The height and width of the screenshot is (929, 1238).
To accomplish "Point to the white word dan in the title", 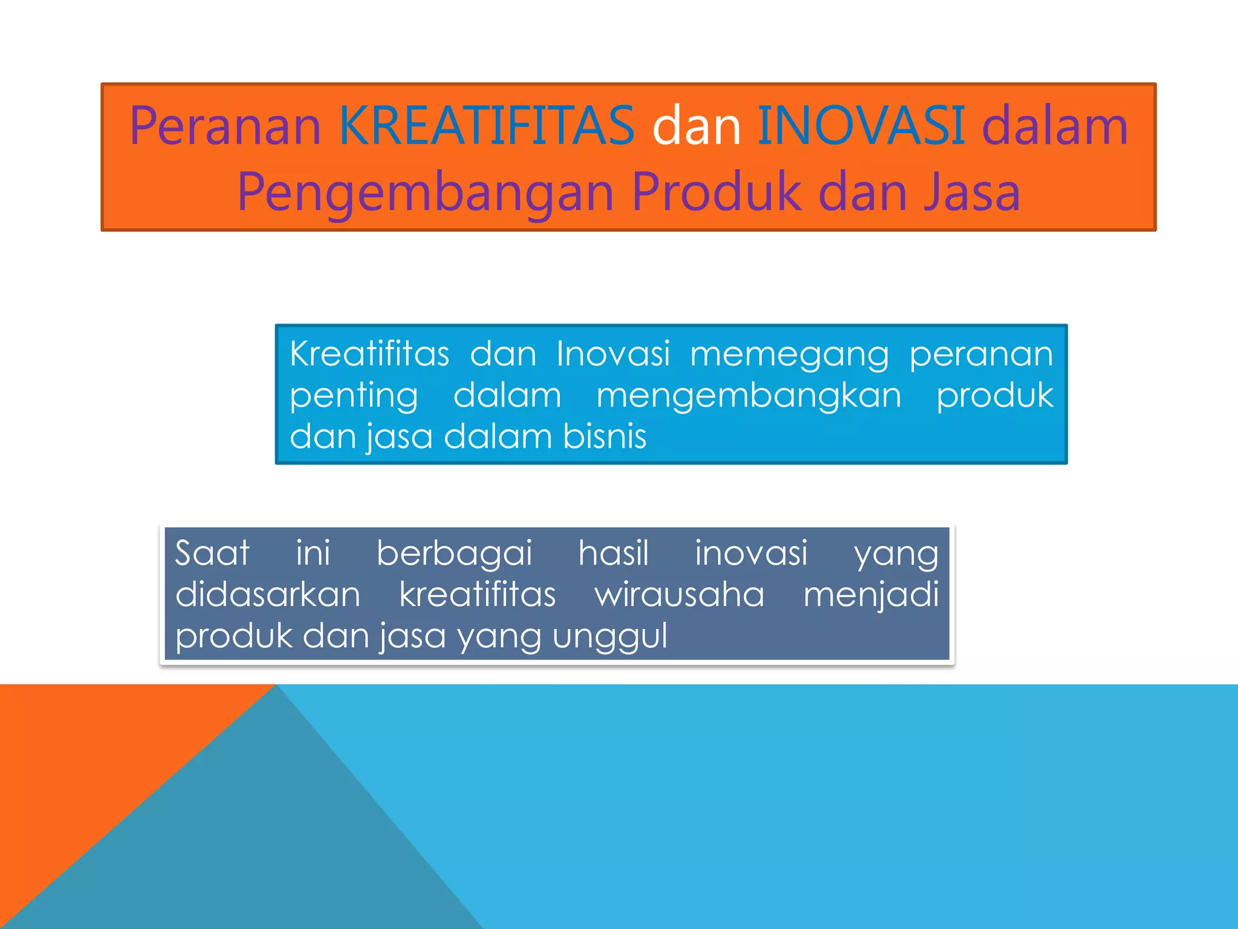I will [x=696, y=127].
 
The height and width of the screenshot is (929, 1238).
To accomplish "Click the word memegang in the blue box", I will [x=789, y=355].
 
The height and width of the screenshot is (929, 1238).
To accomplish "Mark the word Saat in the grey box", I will [x=212, y=553].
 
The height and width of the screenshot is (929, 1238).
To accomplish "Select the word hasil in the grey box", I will [x=614, y=553].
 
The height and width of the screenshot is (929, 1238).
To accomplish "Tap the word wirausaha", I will [x=679, y=595].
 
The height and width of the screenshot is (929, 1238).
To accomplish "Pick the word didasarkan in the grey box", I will [x=268, y=595].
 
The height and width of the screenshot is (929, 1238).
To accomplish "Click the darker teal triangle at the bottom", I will [x=272, y=835].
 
